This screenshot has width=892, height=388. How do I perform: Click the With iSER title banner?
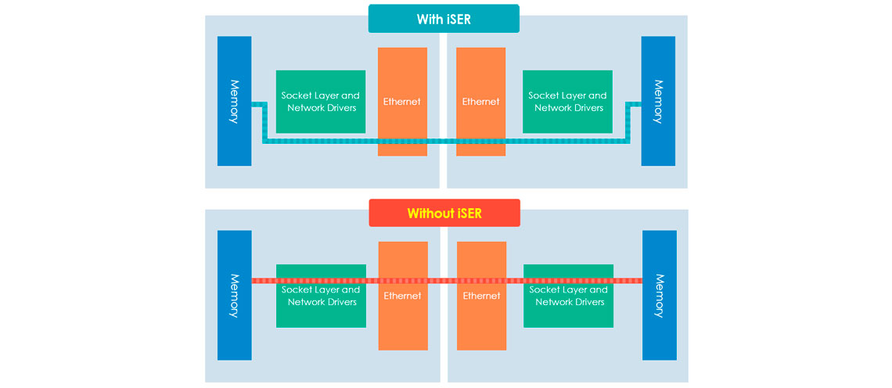click(444, 19)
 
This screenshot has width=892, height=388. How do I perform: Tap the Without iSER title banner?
click(444, 213)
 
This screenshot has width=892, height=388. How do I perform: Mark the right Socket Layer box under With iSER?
click(567, 102)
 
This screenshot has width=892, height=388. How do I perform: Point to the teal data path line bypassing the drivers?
click(446, 142)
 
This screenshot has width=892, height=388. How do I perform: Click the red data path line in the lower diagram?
click(446, 280)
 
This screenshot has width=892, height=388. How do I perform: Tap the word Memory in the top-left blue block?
click(234, 102)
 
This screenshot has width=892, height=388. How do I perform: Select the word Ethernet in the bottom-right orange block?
click(481, 296)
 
